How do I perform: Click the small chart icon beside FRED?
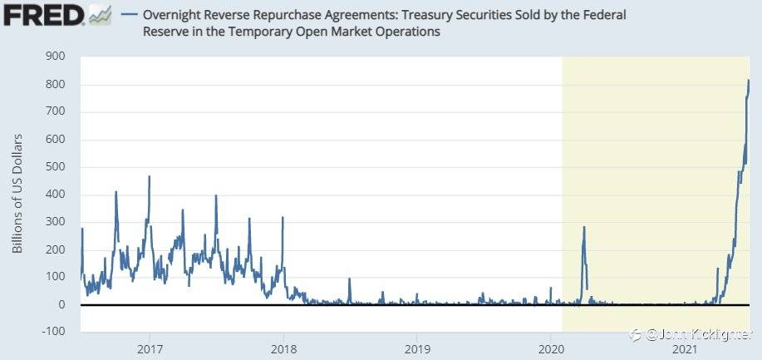click(x=99, y=15)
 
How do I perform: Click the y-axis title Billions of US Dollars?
click(x=18, y=194)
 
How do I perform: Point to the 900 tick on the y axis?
click(x=55, y=57)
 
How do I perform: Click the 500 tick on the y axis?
click(x=55, y=167)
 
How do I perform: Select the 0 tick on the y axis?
click(x=61, y=305)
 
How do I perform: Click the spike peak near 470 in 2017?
click(x=149, y=176)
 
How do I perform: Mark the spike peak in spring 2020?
click(x=583, y=227)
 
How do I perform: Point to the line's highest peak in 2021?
click(x=749, y=80)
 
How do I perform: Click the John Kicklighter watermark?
click(x=696, y=333)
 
